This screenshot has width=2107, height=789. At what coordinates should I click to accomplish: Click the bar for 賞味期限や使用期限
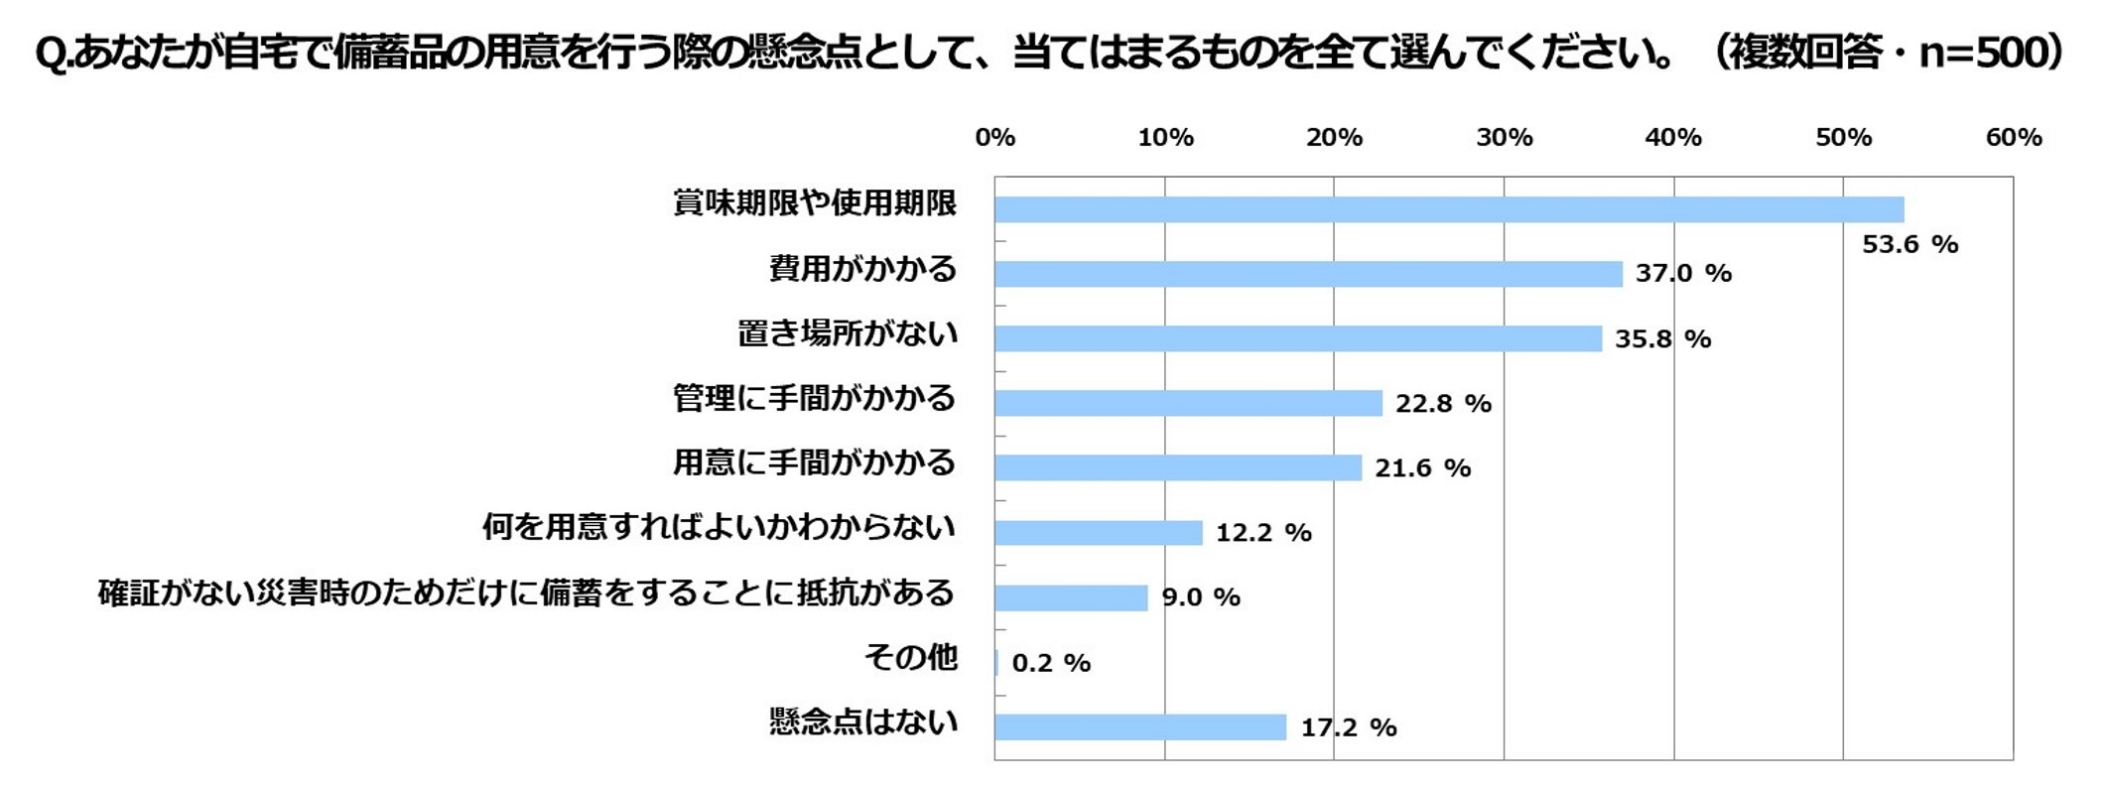[x=1449, y=209]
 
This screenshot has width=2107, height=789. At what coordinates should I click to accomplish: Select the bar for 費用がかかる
[x=1308, y=274]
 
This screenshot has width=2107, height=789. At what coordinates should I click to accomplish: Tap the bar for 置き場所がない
[x=1298, y=338]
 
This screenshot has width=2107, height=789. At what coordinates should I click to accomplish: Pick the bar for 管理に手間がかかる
[x=1188, y=403]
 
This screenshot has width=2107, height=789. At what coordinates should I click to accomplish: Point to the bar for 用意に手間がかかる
[x=1178, y=467]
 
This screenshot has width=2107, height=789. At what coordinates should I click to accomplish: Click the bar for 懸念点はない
[x=1140, y=727]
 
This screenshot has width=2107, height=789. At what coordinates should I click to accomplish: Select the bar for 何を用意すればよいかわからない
[x=1099, y=533]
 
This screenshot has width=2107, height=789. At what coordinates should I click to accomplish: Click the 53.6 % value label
[x=1909, y=244]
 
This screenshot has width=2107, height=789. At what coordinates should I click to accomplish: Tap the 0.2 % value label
[x=1051, y=663]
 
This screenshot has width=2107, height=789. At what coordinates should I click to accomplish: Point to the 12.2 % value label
[x=1263, y=533]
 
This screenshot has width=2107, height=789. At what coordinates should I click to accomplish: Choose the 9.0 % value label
[x=1201, y=597]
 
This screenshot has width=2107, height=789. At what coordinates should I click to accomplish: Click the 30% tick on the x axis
[x=1504, y=138]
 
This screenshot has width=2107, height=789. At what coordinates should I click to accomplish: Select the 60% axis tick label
[x=2013, y=138]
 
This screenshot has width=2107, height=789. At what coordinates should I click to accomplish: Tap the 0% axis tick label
[x=994, y=138]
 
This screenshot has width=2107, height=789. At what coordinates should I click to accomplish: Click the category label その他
[x=910, y=657]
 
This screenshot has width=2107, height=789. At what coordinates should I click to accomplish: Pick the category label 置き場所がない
[x=848, y=333]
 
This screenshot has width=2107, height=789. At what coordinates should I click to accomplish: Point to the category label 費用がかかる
[x=862, y=269]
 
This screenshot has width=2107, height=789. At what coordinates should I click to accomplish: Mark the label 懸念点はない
[x=862, y=722]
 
